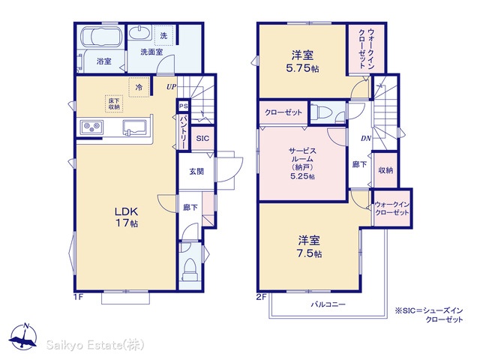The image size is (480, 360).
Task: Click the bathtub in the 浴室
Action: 101,37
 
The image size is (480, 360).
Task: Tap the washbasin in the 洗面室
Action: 140,32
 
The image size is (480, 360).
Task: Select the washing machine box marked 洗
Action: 163,36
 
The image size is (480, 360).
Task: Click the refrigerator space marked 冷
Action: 139,87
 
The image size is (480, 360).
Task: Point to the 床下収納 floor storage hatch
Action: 114,103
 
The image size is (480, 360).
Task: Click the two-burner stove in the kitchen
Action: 91,127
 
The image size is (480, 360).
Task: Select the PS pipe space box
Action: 183,106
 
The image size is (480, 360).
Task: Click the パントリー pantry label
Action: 183,132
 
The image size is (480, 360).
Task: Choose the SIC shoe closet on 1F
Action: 202,138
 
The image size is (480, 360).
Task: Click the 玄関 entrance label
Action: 196,172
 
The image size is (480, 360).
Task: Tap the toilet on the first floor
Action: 190,269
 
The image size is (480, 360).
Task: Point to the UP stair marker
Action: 172,87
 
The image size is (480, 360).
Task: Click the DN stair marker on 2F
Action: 366,138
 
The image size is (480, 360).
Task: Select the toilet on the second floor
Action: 322,112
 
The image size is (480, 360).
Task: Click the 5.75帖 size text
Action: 302,68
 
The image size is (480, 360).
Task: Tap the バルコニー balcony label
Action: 328,304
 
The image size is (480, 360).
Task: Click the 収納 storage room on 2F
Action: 385,170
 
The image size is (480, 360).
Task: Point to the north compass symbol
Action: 23,336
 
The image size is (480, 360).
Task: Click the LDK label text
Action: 127,211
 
